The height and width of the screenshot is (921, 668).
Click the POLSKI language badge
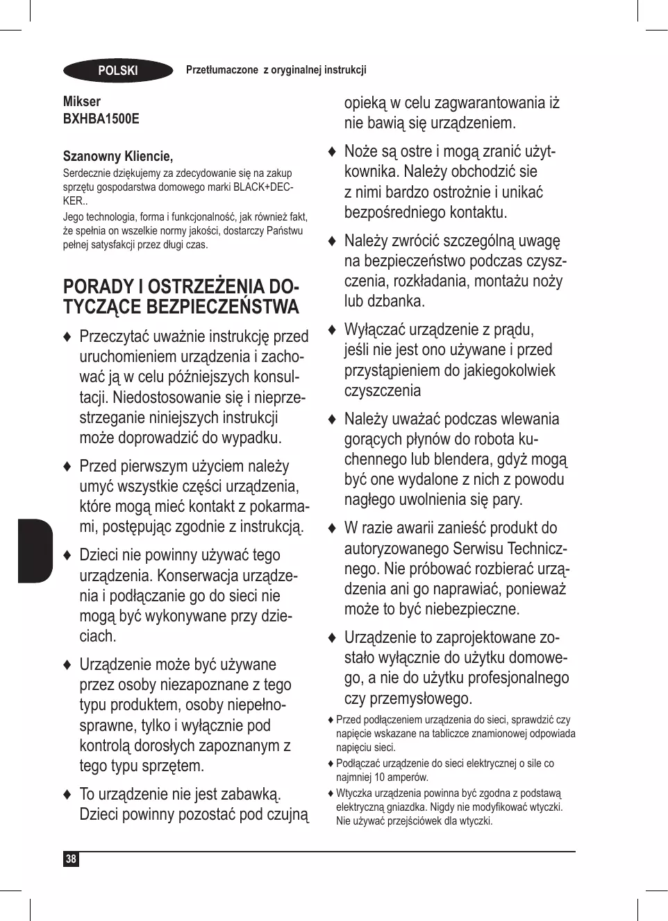(x=118, y=71)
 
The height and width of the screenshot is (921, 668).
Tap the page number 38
(x=71, y=859)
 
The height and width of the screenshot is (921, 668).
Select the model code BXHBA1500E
(x=101, y=119)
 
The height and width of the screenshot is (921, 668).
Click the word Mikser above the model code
(x=82, y=101)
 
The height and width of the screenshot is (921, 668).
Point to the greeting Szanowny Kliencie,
(x=118, y=156)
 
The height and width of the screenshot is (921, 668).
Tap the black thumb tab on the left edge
(x=35, y=551)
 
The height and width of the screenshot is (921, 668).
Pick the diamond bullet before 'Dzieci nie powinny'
(x=67, y=556)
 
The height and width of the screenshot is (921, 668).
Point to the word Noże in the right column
(x=361, y=152)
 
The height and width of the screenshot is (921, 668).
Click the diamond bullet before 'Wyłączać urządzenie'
(x=332, y=330)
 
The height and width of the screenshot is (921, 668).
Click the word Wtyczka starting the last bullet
(x=353, y=793)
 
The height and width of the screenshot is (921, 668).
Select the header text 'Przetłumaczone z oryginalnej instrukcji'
(x=276, y=70)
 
